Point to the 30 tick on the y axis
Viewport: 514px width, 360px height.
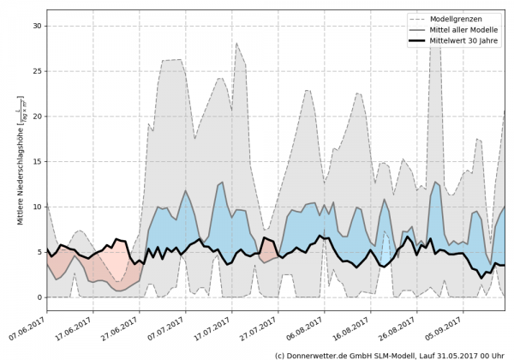click(x=38, y=26)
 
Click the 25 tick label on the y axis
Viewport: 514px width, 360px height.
click(x=38, y=71)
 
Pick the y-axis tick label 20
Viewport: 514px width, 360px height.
click(x=38, y=117)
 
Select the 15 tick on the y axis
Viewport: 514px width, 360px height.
click(x=38, y=161)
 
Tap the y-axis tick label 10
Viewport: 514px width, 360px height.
click(x=38, y=207)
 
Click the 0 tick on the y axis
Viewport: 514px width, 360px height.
click(x=40, y=297)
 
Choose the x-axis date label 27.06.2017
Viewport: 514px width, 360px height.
click(x=123, y=326)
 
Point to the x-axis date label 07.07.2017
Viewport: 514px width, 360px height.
click(x=170, y=326)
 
